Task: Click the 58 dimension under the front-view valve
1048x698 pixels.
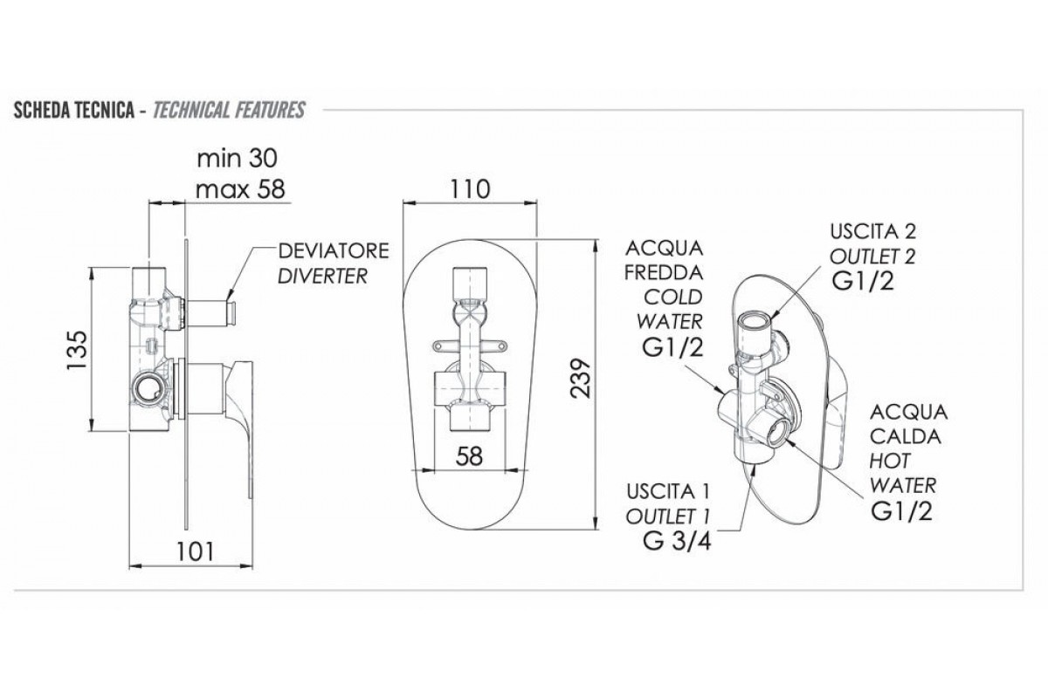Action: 471,456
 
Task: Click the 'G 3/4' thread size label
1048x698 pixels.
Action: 679,538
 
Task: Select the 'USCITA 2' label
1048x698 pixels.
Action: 863,233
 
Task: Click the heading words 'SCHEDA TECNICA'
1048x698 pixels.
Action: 72,111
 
